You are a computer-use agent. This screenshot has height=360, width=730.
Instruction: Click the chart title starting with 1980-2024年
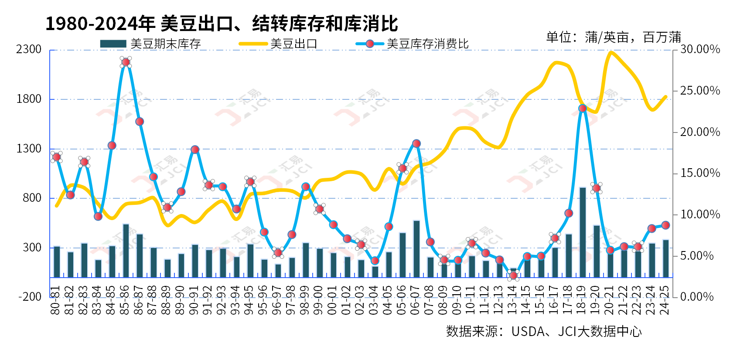click(222, 24)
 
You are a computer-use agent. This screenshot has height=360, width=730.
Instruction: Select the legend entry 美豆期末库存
click(150, 44)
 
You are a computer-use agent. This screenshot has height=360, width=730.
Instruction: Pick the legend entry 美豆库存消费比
click(412, 44)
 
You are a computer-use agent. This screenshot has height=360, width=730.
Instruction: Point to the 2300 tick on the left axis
click(29, 49)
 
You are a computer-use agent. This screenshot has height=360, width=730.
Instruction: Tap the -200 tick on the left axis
click(30, 297)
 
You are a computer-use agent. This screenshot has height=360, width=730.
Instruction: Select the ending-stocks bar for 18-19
click(583, 232)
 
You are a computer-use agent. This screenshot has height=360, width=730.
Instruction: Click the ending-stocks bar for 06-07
click(416, 249)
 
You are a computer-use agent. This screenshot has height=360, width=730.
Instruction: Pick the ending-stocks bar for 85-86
click(126, 251)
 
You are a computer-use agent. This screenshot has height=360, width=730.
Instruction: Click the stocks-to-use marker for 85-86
click(126, 62)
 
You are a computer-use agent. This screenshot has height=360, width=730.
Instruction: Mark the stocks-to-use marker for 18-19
click(583, 109)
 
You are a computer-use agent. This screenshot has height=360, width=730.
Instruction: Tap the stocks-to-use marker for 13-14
click(513, 275)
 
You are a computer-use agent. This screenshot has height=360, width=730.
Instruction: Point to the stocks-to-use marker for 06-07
click(416, 143)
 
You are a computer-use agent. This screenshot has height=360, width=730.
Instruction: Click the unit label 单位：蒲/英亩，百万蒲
click(613, 37)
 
